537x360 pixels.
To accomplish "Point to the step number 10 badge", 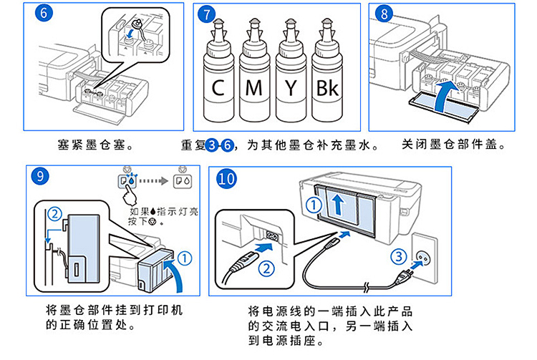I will click(227, 180).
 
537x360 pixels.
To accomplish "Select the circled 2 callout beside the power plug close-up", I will click(266, 269).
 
